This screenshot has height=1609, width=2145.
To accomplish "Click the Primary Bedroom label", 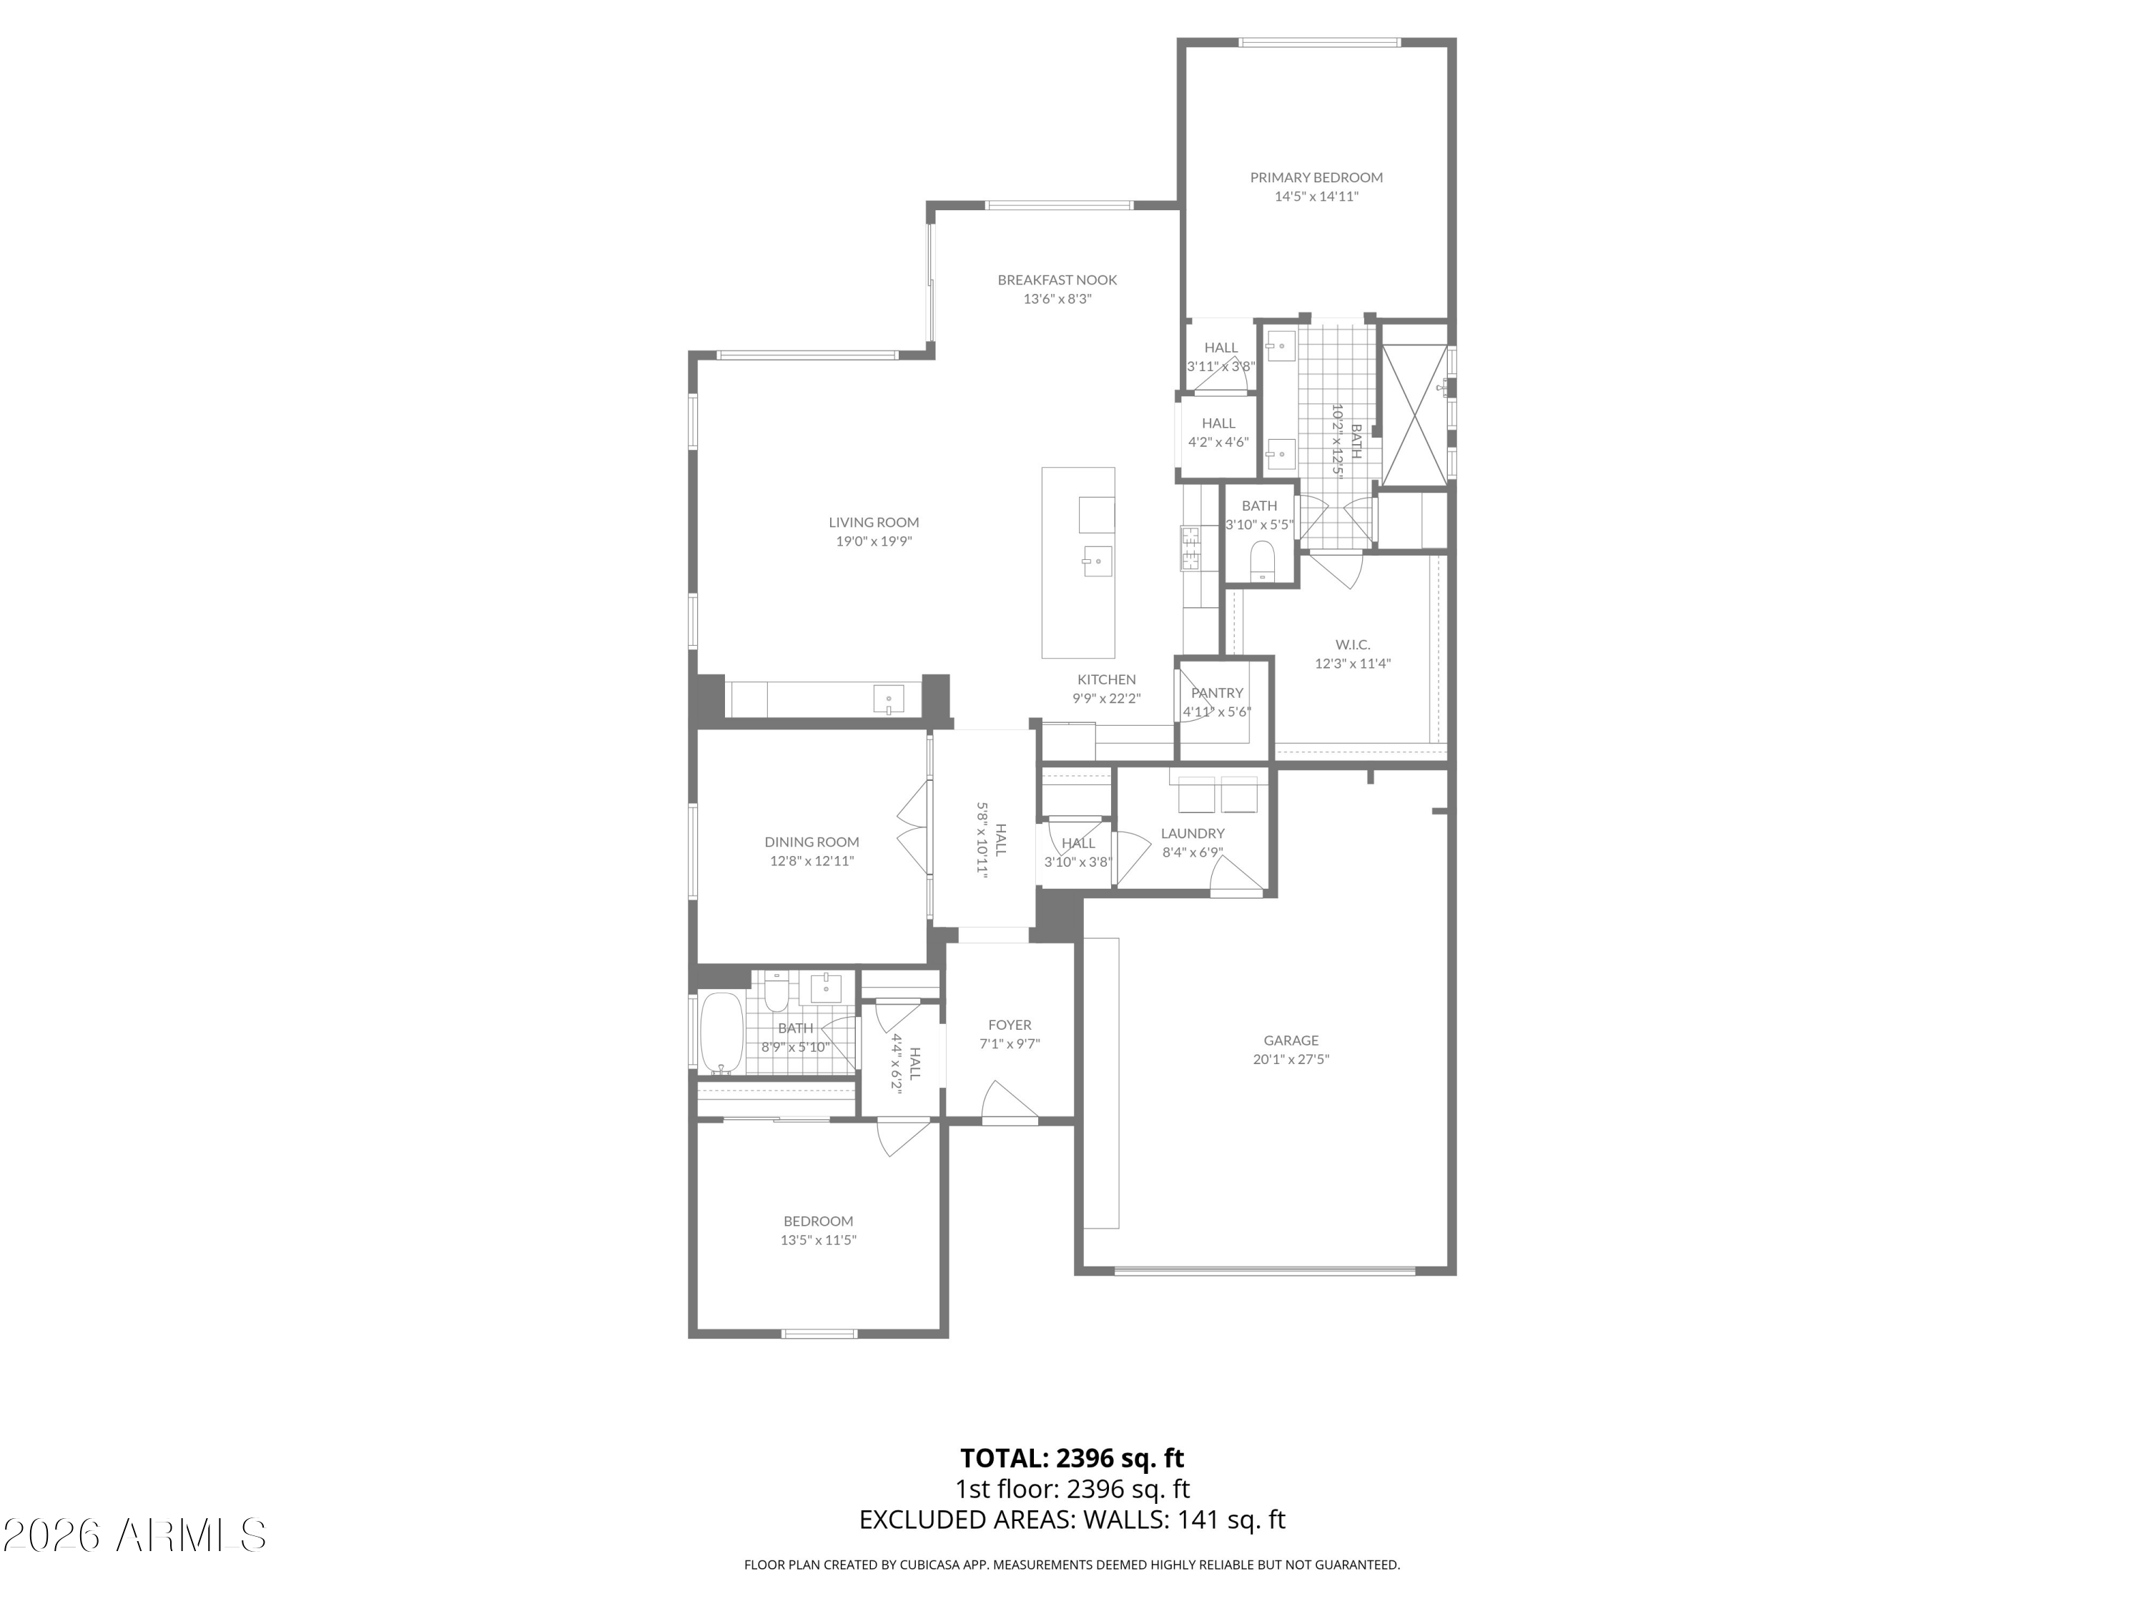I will pyautogui.click(x=1315, y=177).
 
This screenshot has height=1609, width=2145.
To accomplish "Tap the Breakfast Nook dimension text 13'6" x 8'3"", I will pyautogui.click(x=1057, y=299).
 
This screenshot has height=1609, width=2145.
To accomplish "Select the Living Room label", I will pyautogui.click(x=873, y=523).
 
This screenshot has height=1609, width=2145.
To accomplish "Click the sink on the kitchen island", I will pyautogui.click(x=1097, y=561).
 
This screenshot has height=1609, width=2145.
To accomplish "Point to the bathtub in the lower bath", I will pyautogui.click(x=721, y=1032).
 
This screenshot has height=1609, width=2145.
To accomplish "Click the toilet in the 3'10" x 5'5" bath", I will pyautogui.click(x=1261, y=560).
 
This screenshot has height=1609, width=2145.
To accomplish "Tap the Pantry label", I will pyautogui.click(x=1216, y=692).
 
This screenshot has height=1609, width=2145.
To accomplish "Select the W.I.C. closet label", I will pyautogui.click(x=1352, y=645).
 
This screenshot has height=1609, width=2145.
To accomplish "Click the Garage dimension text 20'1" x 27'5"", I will pyautogui.click(x=1290, y=1059).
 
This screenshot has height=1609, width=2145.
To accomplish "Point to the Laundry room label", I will pyautogui.click(x=1192, y=833).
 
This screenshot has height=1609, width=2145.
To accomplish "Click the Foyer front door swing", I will pyautogui.click(x=1008, y=1103).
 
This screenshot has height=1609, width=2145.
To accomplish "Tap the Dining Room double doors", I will pyautogui.click(x=912, y=830).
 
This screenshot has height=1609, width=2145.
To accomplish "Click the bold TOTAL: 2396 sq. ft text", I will pyautogui.click(x=1072, y=1457).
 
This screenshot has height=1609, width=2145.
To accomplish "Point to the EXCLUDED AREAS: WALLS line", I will pyautogui.click(x=1072, y=1519).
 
